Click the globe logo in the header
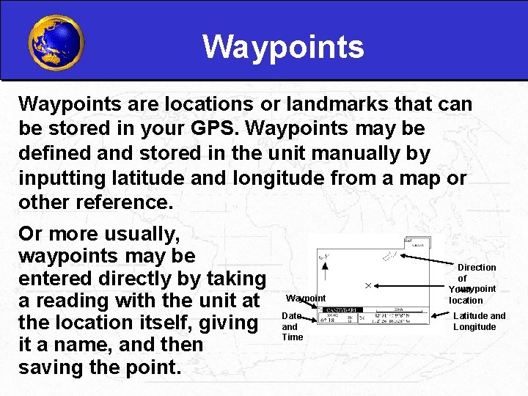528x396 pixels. pos(56,43)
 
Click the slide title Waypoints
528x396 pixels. pos(283,47)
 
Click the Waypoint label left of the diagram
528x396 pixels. pos(306,298)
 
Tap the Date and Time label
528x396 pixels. pos(292,326)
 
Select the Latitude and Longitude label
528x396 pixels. pos(479,321)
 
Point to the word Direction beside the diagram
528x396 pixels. pos(477,268)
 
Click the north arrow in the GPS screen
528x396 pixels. pos(325,257)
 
